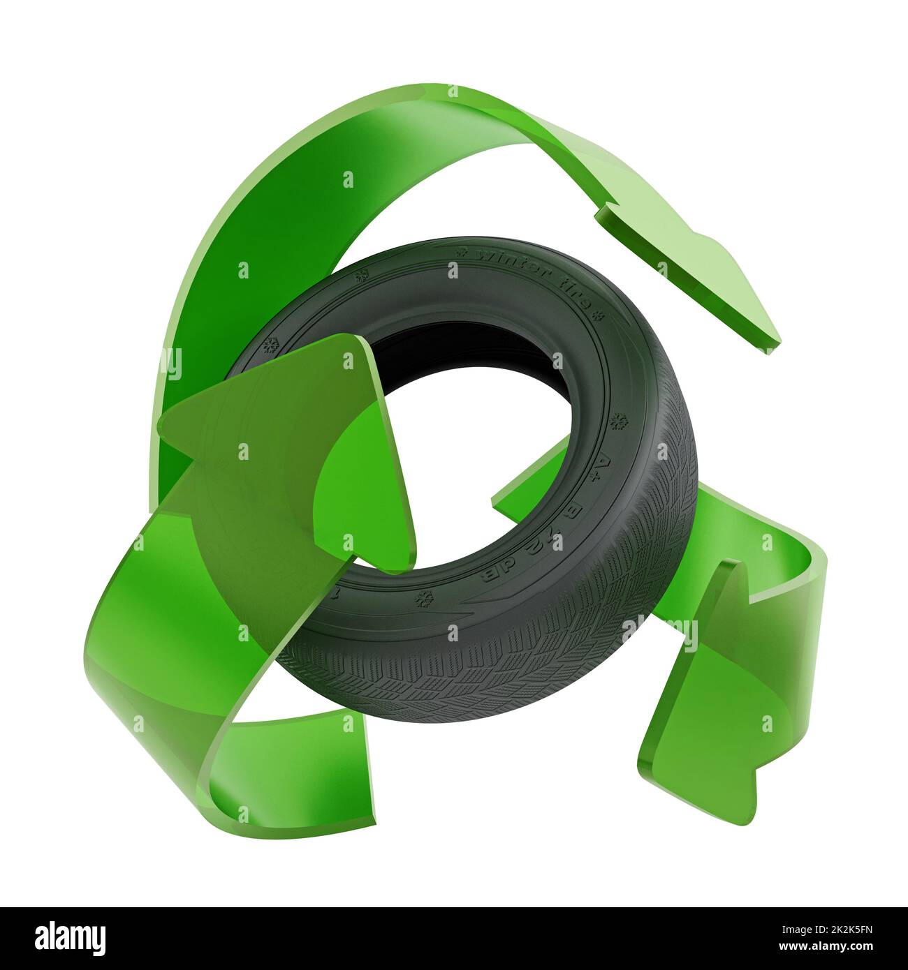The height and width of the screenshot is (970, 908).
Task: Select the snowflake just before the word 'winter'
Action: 460,251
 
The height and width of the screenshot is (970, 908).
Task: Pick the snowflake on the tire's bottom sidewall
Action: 422,598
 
